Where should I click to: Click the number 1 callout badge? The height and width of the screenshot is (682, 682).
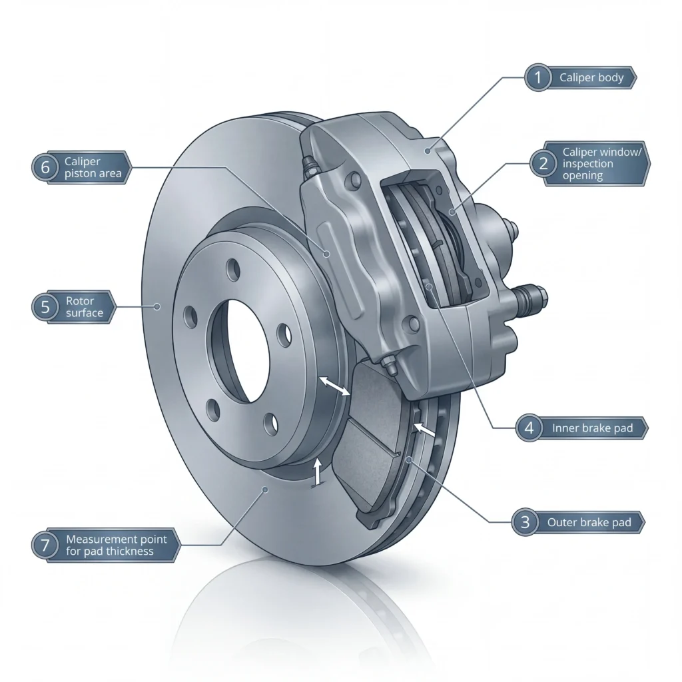click(538, 78)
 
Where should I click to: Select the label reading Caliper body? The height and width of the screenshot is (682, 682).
click(591, 78)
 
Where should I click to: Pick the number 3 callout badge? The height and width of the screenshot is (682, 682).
click(525, 523)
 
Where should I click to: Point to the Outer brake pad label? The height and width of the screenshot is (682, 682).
click(589, 523)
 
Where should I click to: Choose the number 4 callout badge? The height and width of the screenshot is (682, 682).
click(529, 428)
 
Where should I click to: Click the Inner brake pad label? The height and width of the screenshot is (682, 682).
click(592, 428)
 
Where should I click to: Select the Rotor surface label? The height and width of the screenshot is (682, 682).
click(85, 307)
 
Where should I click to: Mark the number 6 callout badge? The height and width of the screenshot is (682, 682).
click(45, 167)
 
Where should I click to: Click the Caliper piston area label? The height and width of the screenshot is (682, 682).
click(92, 167)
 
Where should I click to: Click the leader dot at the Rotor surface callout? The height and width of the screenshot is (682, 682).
click(158, 307)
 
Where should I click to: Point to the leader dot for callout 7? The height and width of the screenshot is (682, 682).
click(266, 490)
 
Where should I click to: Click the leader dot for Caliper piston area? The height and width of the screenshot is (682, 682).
click(326, 253)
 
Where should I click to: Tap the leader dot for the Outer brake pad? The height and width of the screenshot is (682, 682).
click(408, 460)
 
